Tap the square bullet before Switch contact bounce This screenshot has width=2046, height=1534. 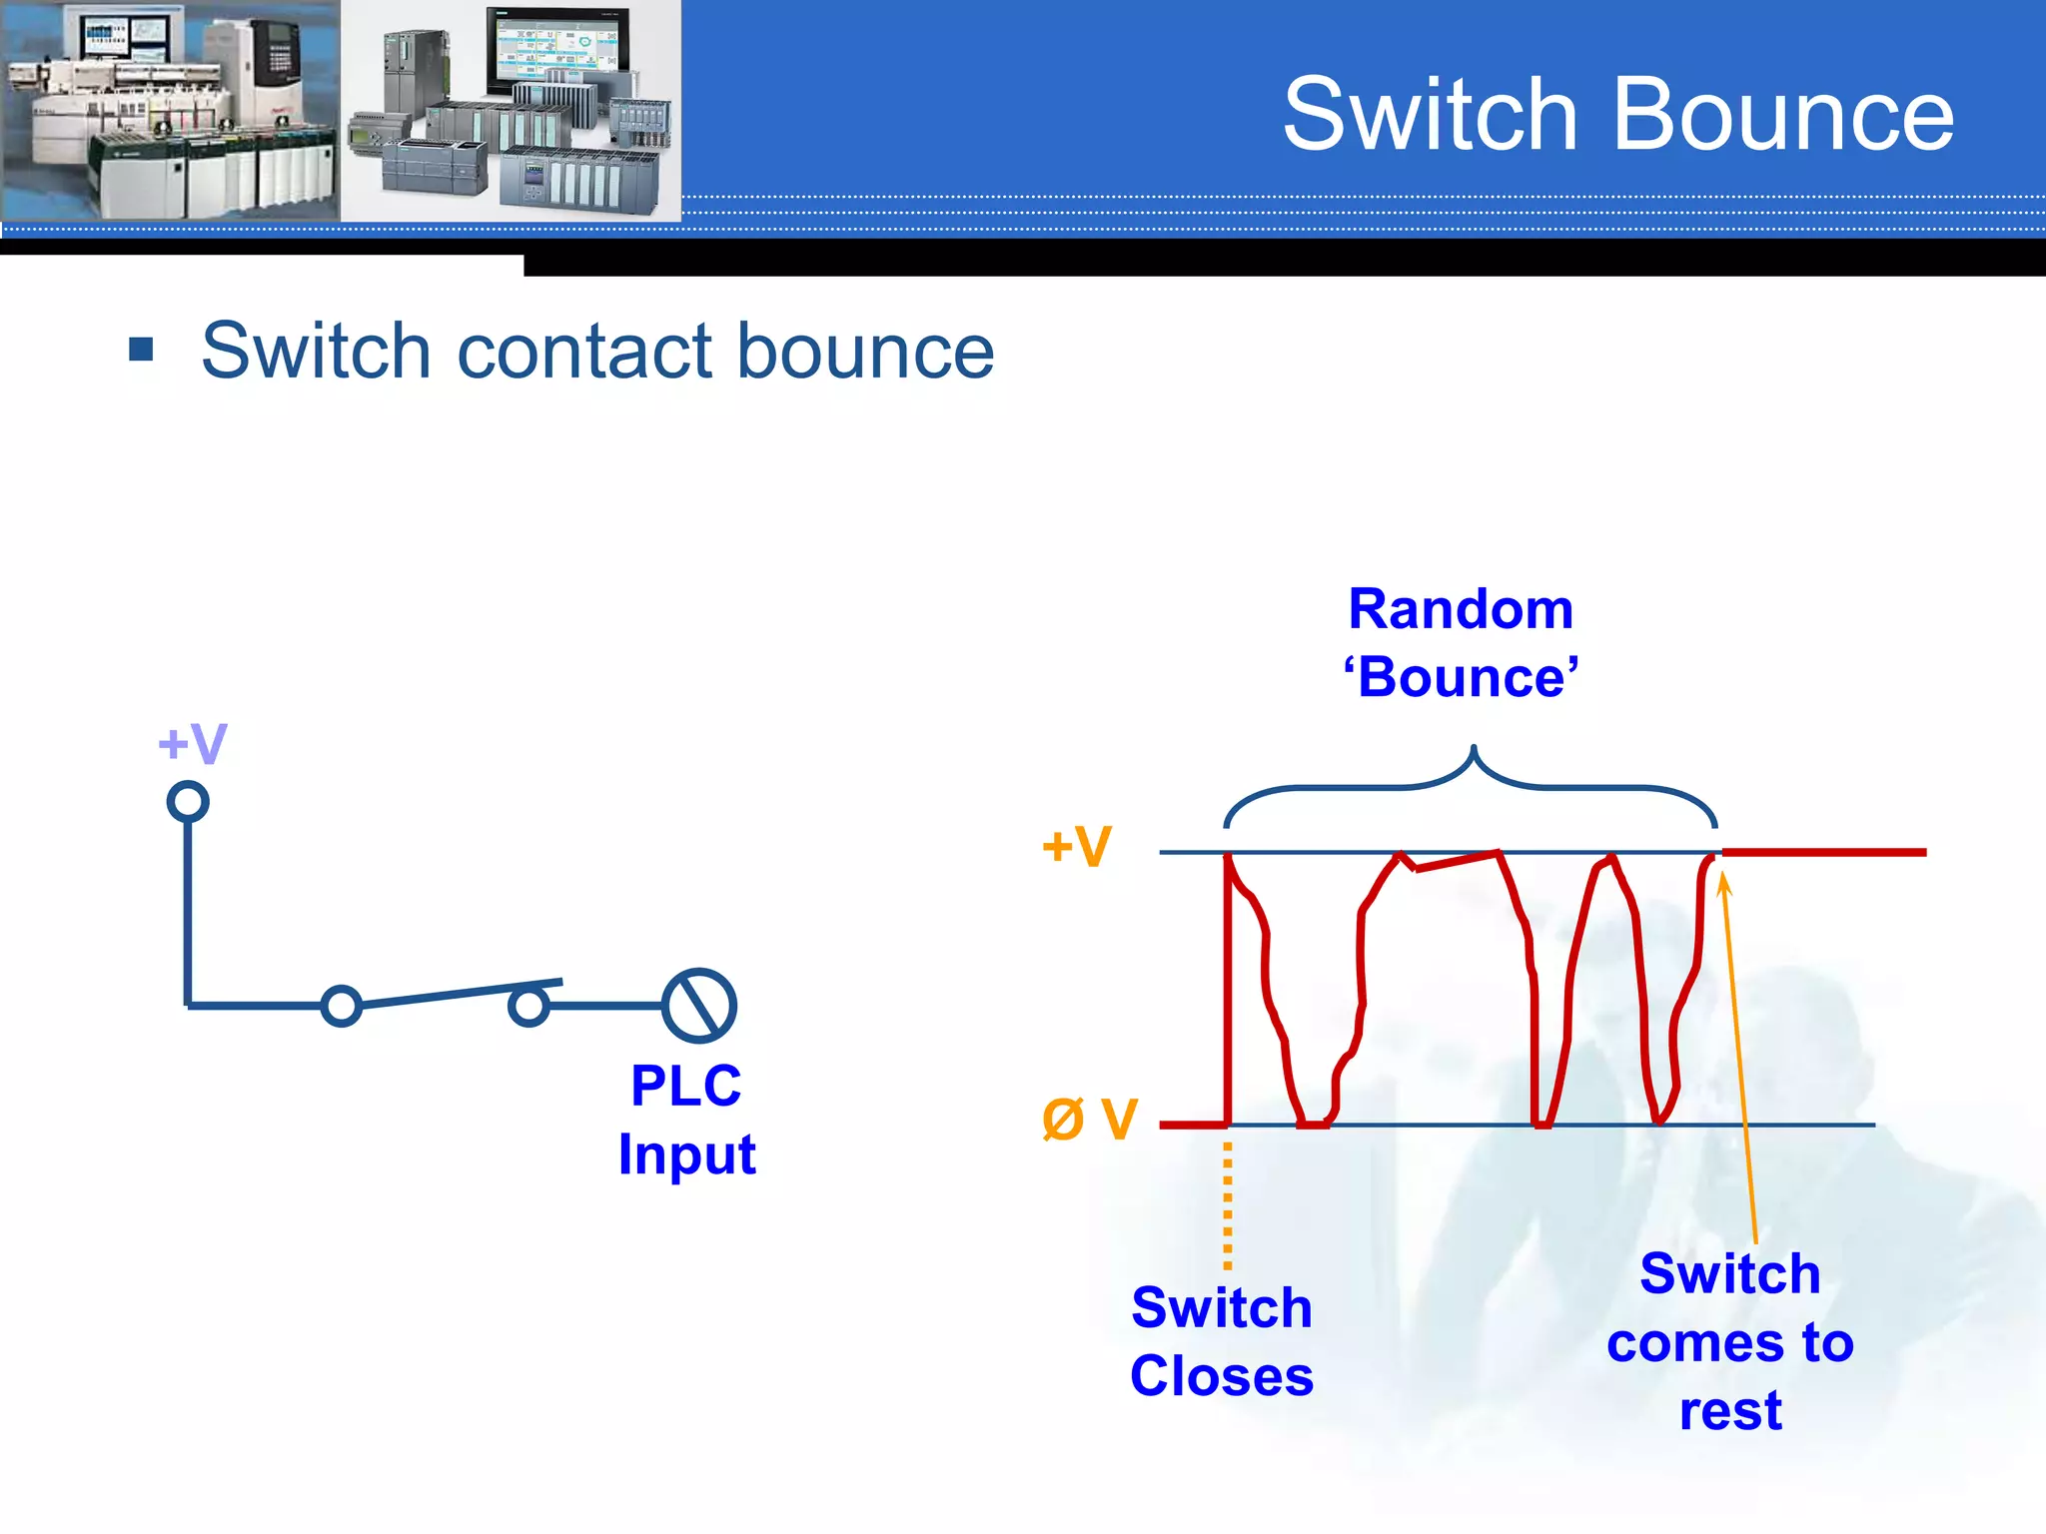[141, 350]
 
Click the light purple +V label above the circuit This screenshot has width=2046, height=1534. [193, 744]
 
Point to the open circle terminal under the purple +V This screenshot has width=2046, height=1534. [188, 801]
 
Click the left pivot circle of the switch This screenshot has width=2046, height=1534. [342, 1006]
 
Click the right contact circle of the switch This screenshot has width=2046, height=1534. [528, 1006]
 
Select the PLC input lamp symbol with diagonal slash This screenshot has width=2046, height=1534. [699, 1005]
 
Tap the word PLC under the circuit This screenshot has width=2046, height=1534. [686, 1086]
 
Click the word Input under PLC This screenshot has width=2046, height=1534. [686, 1154]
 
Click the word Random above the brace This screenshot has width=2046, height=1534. [1461, 609]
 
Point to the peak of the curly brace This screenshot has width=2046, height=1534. [1473, 751]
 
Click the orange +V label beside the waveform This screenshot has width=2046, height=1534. [1076, 847]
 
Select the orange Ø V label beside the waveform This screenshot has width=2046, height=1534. [1089, 1119]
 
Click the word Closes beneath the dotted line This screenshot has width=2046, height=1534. [1221, 1376]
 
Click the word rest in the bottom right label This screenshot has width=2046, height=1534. [1730, 1410]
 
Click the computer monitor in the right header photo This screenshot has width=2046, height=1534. [557, 50]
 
